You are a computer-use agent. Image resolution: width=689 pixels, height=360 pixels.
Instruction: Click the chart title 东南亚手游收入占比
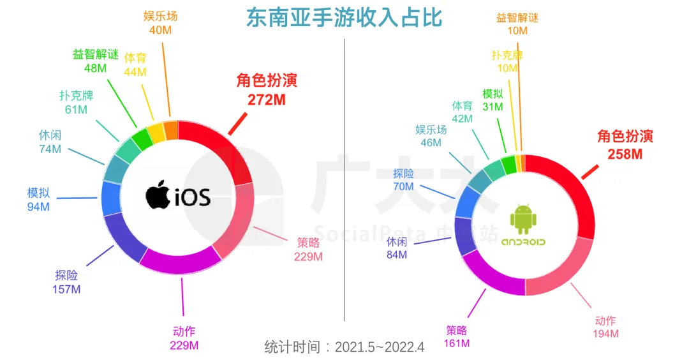[x=344, y=17]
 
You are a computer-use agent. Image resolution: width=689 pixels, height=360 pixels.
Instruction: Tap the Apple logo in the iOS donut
[x=158, y=195]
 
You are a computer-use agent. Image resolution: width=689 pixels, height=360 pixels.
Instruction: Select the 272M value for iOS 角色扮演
[x=266, y=100]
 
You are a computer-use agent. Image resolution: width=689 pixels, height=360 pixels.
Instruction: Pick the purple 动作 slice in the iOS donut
[x=179, y=261]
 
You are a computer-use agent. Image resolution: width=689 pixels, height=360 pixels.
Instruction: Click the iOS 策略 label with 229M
[x=308, y=250]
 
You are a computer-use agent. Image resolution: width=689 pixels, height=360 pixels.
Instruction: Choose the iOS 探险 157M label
[x=66, y=282]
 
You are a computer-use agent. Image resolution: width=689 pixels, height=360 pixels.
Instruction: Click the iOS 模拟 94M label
[x=38, y=199]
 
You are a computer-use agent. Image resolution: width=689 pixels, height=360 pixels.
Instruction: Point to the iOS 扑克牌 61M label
[x=75, y=103]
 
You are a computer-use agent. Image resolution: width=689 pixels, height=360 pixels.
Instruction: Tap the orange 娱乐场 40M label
[x=160, y=22]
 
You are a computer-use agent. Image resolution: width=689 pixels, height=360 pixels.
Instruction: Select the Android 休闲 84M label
[x=396, y=248]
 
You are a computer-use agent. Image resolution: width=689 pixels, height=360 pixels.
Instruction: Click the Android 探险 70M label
[x=403, y=180]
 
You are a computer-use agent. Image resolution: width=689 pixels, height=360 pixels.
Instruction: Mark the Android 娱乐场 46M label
[x=431, y=136]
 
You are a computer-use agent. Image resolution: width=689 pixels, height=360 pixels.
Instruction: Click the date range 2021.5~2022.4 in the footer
[x=382, y=348]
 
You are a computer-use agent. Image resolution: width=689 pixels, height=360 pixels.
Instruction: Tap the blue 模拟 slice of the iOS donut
[x=112, y=199]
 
